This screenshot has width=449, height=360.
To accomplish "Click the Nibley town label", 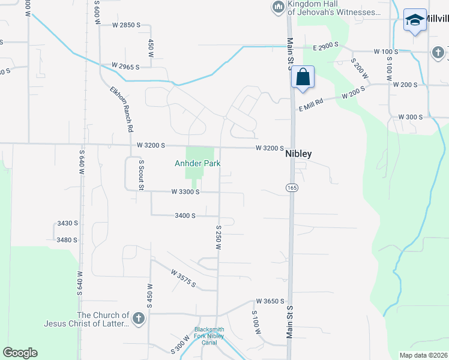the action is (298, 154).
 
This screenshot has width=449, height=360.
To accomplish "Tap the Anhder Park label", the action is (197, 163).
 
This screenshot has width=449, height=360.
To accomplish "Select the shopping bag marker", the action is (303, 78).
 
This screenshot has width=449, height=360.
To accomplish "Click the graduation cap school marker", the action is (415, 20).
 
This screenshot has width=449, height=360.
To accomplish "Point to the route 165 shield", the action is (292, 188).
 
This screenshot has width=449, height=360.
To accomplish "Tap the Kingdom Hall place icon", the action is (278, 7).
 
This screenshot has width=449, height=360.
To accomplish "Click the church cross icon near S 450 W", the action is (139, 318).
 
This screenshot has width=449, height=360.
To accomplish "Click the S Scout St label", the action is (142, 175).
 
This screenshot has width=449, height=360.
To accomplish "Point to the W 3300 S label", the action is (185, 192).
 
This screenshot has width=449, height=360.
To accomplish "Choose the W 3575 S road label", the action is (183, 277).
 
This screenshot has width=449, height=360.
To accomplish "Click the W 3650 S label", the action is (269, 301).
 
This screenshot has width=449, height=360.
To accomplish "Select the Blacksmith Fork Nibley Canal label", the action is (209, 335).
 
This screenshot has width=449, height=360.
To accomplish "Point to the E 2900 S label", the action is (326, 46).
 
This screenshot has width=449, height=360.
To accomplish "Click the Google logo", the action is (20, 353).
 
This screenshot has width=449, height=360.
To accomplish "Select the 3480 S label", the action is (67, 240).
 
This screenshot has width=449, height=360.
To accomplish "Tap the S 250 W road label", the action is (219, 238).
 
